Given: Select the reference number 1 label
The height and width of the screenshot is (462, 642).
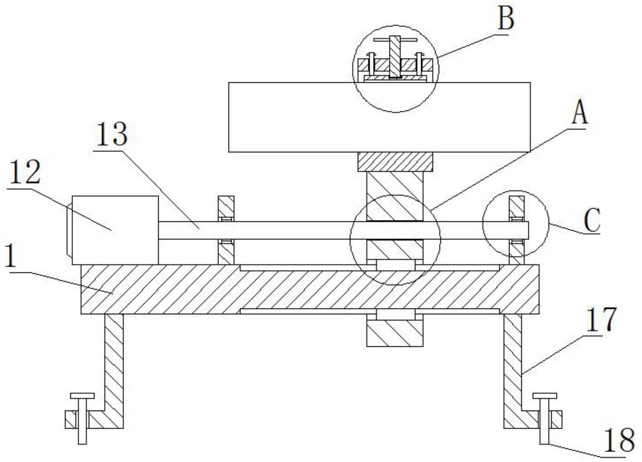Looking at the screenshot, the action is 10,256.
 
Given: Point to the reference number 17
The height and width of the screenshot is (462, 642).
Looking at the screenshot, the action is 601,319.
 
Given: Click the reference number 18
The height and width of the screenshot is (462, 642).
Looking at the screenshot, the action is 619,440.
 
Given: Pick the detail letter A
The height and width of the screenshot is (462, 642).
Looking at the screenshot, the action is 579,112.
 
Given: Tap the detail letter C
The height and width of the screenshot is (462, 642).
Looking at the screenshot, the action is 592,220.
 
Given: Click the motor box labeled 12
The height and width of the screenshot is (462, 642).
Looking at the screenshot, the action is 115,230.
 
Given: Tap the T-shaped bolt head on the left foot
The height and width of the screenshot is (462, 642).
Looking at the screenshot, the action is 82,396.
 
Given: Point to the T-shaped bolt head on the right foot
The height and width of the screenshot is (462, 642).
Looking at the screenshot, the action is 544,396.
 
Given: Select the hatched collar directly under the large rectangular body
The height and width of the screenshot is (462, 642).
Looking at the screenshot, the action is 395,161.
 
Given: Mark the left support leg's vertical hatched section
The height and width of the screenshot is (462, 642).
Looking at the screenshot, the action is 114,362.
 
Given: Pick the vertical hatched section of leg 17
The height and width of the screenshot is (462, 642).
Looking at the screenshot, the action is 513,362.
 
